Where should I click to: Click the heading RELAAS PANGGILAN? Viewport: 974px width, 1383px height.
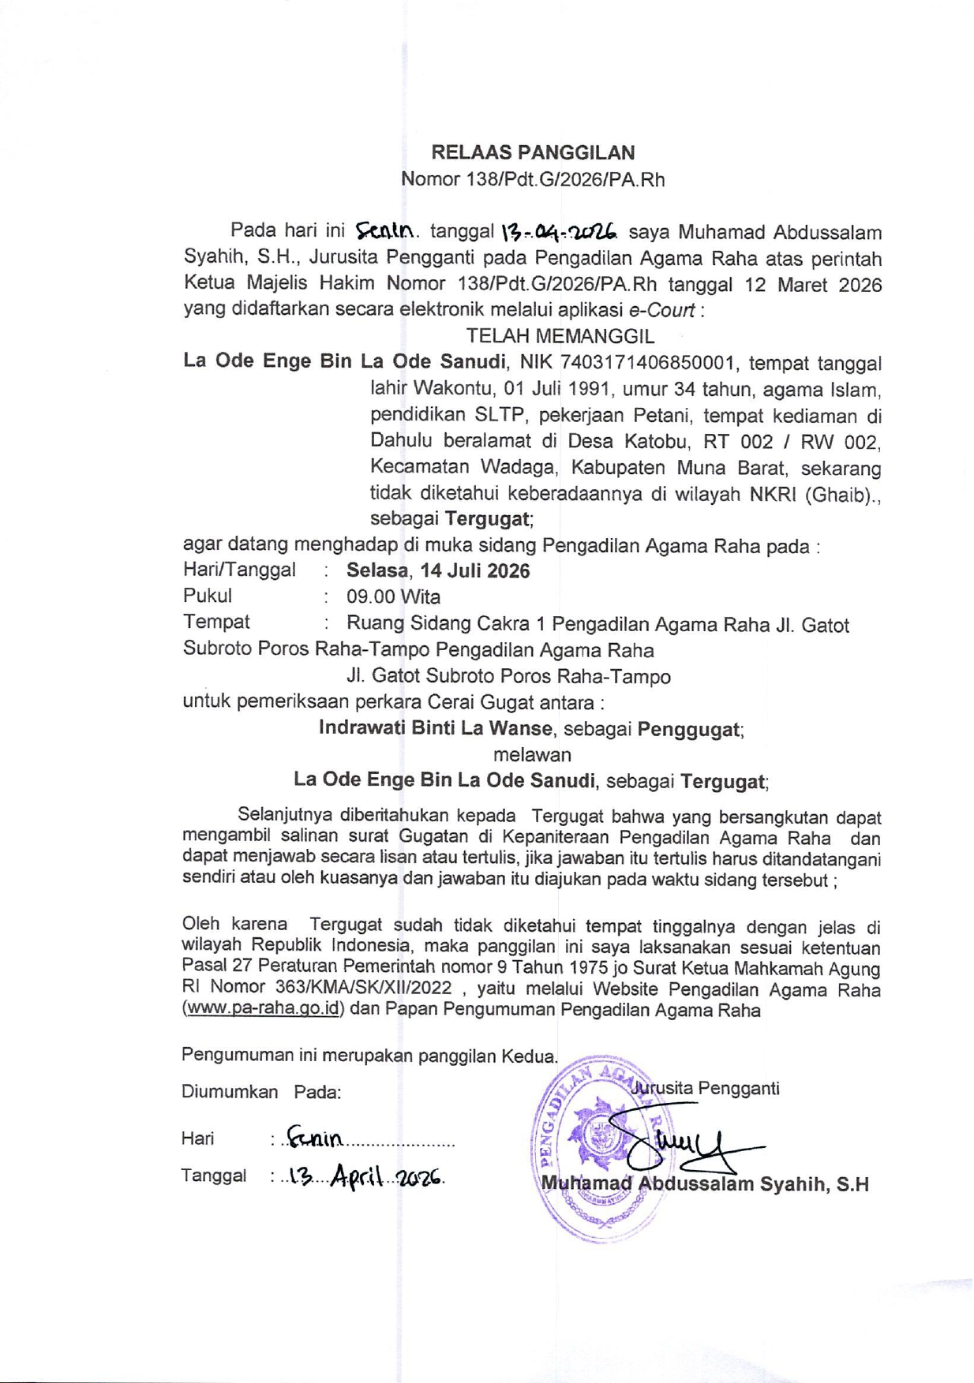click(532, 152)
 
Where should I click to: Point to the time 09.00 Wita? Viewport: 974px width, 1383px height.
click(393, 597)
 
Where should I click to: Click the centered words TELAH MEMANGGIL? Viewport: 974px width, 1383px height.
click(560, 336)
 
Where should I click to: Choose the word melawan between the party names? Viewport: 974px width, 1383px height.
click(532, 754)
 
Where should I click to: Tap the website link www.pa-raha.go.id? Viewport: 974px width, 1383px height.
click(263, 1010)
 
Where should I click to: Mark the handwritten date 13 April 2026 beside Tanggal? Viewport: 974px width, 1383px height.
click(365, 1177)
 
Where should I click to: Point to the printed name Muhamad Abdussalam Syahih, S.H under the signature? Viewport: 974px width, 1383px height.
click(705, 1184)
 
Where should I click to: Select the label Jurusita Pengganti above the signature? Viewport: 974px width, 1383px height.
click(705, 1089)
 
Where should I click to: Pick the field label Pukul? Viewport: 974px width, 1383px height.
click(208, 596)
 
